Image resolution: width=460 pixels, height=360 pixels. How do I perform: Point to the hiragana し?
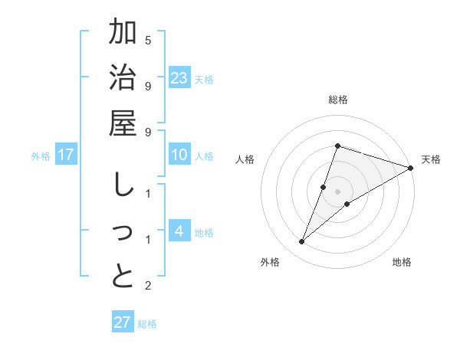(122, 186)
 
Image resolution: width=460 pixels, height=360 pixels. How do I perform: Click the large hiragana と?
(123, 277)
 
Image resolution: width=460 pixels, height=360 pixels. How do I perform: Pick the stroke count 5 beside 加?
(148, 40)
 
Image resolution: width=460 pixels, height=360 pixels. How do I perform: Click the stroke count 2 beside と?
(148, 286)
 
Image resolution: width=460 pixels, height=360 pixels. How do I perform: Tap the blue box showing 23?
(179, 77)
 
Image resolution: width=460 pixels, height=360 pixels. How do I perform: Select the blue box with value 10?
(179, 155)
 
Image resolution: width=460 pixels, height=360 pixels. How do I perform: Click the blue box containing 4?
(179, 231)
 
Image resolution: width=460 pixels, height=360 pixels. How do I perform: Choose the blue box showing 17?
(66, 155)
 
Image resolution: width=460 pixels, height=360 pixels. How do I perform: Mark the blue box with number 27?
(122, 322)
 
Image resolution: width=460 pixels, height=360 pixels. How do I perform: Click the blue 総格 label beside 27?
(147, 323)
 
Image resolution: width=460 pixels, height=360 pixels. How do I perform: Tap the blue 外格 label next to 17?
(41, 156)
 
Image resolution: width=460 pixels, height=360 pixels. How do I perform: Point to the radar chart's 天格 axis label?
(432, 159)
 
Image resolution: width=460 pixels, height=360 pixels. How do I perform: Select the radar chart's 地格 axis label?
(402, 262)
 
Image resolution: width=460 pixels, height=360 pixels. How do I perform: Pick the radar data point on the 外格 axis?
(302, 242)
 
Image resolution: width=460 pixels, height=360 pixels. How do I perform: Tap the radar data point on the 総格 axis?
(337, 146)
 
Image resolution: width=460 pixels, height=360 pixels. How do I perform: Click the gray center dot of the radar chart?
(337, 191)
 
